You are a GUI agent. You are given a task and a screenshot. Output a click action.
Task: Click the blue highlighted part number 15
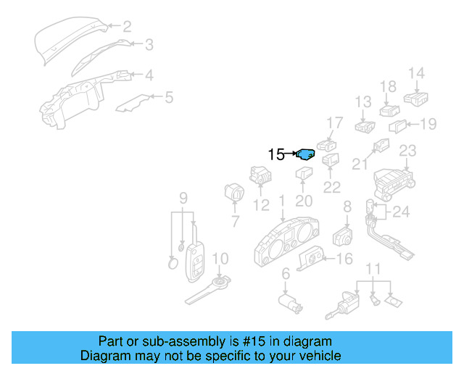tap(306, 154)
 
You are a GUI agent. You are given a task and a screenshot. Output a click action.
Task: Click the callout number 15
tap(276, 154)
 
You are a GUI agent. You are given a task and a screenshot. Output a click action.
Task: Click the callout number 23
tap(407, 151)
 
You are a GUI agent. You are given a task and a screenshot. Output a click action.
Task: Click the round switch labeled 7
tap(234, 194)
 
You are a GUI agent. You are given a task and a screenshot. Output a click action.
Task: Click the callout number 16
tap(344, 259)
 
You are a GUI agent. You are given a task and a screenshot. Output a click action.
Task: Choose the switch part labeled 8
tap(341, 236)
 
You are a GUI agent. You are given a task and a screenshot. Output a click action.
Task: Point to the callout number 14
tap(415, 73)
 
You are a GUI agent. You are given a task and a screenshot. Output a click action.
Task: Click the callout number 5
tap(169, 96)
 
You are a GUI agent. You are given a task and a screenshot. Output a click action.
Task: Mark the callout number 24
tap(401, 212)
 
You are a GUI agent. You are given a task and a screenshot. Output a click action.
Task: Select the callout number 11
tap(373, 270)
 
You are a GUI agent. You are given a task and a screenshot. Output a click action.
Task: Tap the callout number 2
tap(127, 28)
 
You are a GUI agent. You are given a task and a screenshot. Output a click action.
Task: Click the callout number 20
tap(304, 200)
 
